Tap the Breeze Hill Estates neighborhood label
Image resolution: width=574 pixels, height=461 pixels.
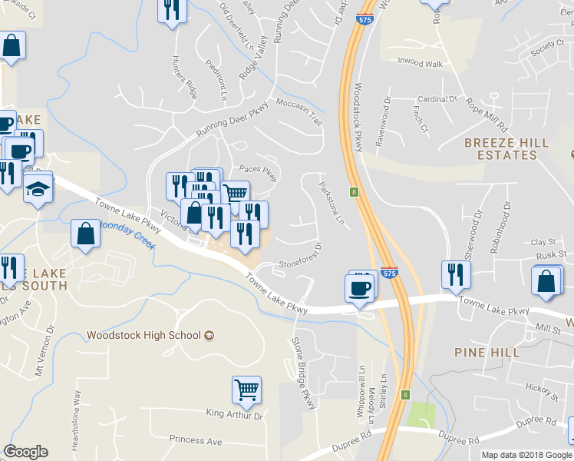click(x=506, y=149)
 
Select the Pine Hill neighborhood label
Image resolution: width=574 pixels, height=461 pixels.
click(x=497, y=352)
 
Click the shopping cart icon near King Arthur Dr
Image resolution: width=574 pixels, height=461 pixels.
click(x=246, y=390)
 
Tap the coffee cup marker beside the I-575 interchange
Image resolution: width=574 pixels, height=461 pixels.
click(x=359, y=289)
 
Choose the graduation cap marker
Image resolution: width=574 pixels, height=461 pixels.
click(x=37, y=188)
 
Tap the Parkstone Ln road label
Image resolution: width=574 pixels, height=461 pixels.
click(x=332, y=202)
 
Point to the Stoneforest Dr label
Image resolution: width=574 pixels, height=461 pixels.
click(x=299, y=257)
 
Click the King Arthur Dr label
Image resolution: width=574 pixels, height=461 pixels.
click(x=234, y=415)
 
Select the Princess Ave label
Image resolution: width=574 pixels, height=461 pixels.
click(x=196, y=441)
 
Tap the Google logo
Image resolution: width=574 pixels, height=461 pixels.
click(x=25, y=452)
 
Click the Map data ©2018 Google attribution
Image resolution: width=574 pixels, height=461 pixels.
click(x=526, y=455)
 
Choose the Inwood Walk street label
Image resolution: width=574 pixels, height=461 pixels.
click(x=420, y=62)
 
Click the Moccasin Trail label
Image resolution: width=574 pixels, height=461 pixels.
click(x=298, y=111)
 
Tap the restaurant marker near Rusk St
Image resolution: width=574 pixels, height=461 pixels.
click(x=456, y=274)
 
